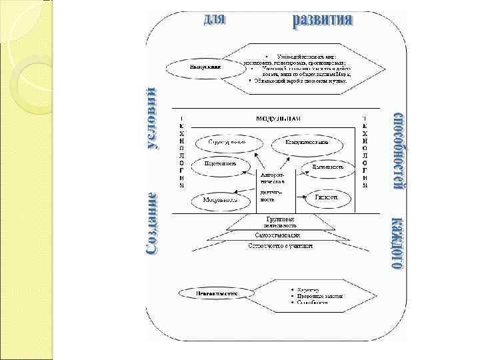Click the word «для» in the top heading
click(x=215, y=19)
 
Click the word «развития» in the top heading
click(x=323, y=20)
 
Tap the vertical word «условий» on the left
click(x=153, y=119)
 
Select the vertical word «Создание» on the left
click(x=153, y=223)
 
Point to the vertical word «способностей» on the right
click(x=397, y=152)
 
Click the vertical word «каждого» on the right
click(x=397, y=243)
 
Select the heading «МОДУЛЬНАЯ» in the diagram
click(x=279, y=119)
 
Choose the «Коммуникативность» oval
click(x=307, y=142)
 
